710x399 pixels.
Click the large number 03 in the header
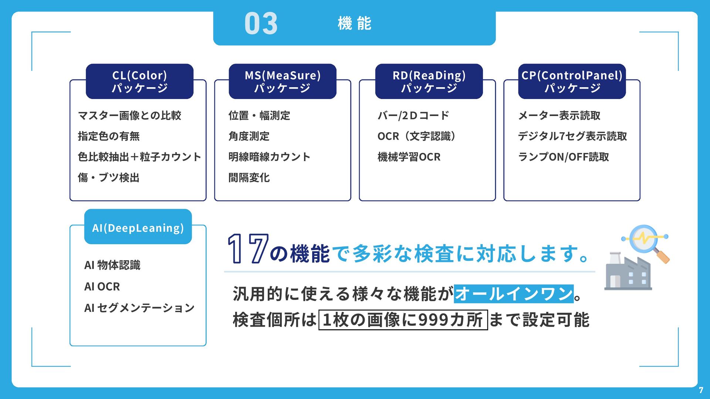coord(261,24)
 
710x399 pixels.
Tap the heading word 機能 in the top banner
coord(354,24)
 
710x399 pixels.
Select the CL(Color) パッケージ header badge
coord(139,81)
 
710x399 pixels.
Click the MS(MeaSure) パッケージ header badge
coord(283,81)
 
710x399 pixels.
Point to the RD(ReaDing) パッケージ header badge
coord(429,81)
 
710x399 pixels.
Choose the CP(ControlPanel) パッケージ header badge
coord(572,81)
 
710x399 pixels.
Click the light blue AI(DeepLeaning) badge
coord(138,228)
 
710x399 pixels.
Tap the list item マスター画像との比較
coord(129,116)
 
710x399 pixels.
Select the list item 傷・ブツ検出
coord(108,178)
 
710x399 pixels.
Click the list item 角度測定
coord(249,136)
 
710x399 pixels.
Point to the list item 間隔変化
coord(249,178)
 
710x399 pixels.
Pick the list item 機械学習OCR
coord(409,157)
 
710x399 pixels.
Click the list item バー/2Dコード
coord(413,116)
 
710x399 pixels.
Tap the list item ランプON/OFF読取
coord(563,157)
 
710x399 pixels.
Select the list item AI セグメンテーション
coord(139,308)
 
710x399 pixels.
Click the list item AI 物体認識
coord(112,265)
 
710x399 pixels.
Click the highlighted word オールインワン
coord(514,294)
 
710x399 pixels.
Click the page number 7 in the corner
coord(701,390)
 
